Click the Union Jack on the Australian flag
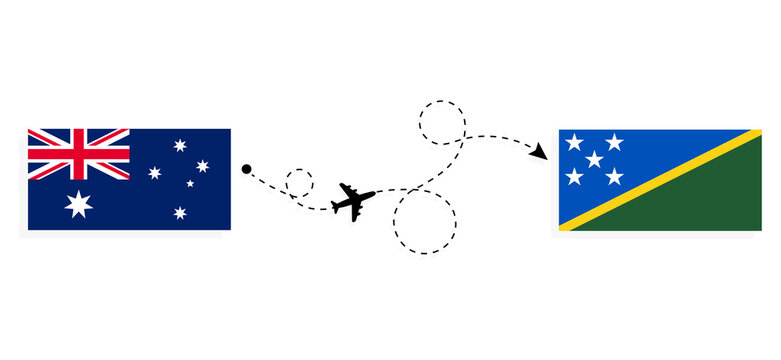pos(78,154)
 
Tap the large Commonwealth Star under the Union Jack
pos(78,204)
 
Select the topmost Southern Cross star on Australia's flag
pos(180,145)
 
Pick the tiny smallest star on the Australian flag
pos(190,183)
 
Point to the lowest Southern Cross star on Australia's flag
pos(180,212)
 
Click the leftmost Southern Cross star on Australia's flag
pos(155,172)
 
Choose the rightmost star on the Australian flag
pos(203,166)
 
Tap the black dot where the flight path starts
pos(246,169)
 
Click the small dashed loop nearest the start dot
pos(299,184)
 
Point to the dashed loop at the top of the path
pos(442,122)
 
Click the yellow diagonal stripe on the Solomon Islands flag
pos(660,180)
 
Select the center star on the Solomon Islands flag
pos(594,159)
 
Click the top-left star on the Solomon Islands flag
pos(574,143)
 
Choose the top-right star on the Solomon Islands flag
pos(614,143)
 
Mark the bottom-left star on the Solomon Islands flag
pos(574,176)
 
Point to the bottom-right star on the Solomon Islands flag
pos(614,176)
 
